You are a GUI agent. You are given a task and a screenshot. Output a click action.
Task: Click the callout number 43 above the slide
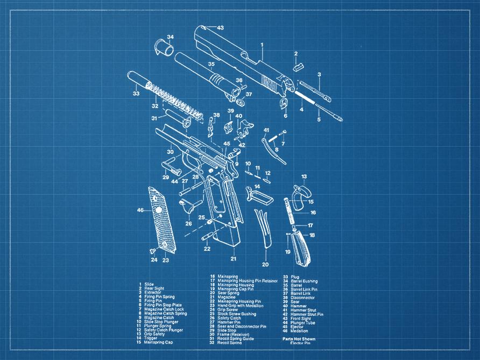click(x=220, y=27)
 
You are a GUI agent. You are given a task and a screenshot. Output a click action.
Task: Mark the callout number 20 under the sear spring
click(x=265, y=264)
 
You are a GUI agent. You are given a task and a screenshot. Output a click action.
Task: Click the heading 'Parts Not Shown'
click(x=299, y=339)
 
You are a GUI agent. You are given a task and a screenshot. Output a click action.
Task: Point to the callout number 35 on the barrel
click(x=211, y=64)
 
